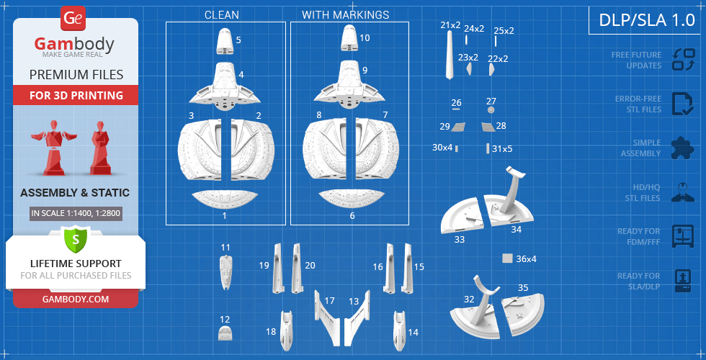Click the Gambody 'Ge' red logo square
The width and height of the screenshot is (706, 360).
(x=73, y=18)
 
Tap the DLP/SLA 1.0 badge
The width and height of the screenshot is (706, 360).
(x=647, y=20)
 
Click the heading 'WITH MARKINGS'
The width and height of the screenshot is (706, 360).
(x=345, y=14)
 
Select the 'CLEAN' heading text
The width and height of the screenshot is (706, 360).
(x=221, y=14)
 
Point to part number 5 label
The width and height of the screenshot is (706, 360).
(x=238, y=40)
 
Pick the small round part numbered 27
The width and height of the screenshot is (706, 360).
(x=491, y=111)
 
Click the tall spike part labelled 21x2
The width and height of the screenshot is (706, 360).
(x=450, y=57)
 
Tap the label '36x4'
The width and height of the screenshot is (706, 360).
(x=526, y=258)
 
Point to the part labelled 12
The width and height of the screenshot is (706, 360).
(x=225, y=333)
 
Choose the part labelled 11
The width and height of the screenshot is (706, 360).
(x=225, y=272)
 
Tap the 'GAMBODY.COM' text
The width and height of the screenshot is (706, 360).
(x=75, y=298)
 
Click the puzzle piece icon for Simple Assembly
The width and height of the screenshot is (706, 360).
(x=682, y=148)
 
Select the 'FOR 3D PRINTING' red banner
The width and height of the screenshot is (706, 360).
(x=76, y=95)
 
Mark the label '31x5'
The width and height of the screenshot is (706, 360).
(x=502, y=148)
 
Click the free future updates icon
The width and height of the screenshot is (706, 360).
(x=682, y=60)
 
